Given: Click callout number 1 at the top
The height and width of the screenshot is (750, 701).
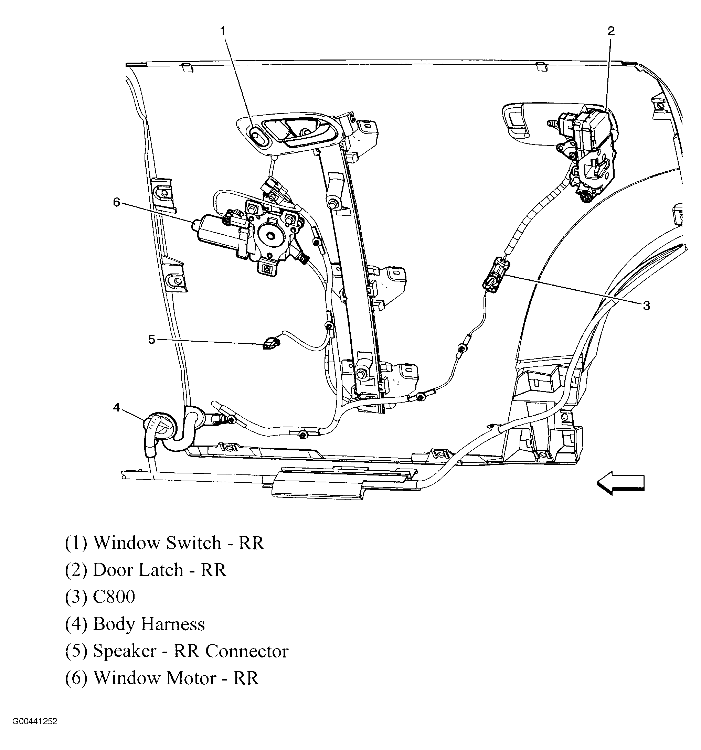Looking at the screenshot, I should [x=223, y=31].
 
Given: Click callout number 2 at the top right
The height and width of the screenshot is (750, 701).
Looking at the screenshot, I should [x=611, y=31].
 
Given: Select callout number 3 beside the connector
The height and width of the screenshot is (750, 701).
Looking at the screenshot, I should [x=646, y=306].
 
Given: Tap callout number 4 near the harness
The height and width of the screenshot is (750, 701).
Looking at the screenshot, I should [x=117, y=407].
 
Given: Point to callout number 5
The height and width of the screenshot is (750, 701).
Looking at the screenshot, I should [x=151, y=340].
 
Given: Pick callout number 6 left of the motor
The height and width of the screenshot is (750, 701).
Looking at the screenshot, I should [x=117, y=203].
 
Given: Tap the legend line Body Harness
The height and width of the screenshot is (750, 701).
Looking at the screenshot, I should [x=149, y=624].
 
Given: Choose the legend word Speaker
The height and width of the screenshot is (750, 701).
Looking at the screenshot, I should [x=125, y=651].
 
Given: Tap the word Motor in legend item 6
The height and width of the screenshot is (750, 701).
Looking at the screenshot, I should [x=191, y=678].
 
